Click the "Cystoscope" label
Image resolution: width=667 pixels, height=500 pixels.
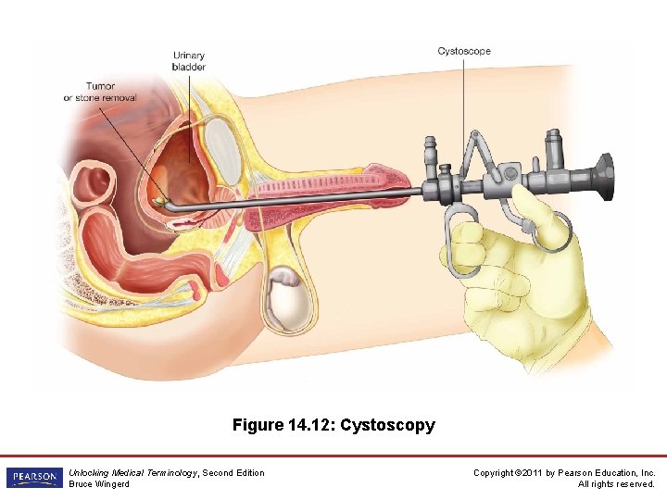[463, 51]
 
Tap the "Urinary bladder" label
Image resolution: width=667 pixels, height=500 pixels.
[188, 61]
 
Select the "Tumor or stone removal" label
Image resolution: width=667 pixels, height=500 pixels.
[100, 92]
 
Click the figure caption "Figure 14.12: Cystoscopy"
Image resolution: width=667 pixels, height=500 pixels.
[333, 425]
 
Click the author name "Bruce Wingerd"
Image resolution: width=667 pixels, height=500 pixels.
[99, 484]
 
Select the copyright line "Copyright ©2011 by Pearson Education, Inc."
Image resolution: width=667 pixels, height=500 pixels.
[564, 472]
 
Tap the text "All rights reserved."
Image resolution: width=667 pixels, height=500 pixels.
[616, 484]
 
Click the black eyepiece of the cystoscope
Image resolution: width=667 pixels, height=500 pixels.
[601, 176]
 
